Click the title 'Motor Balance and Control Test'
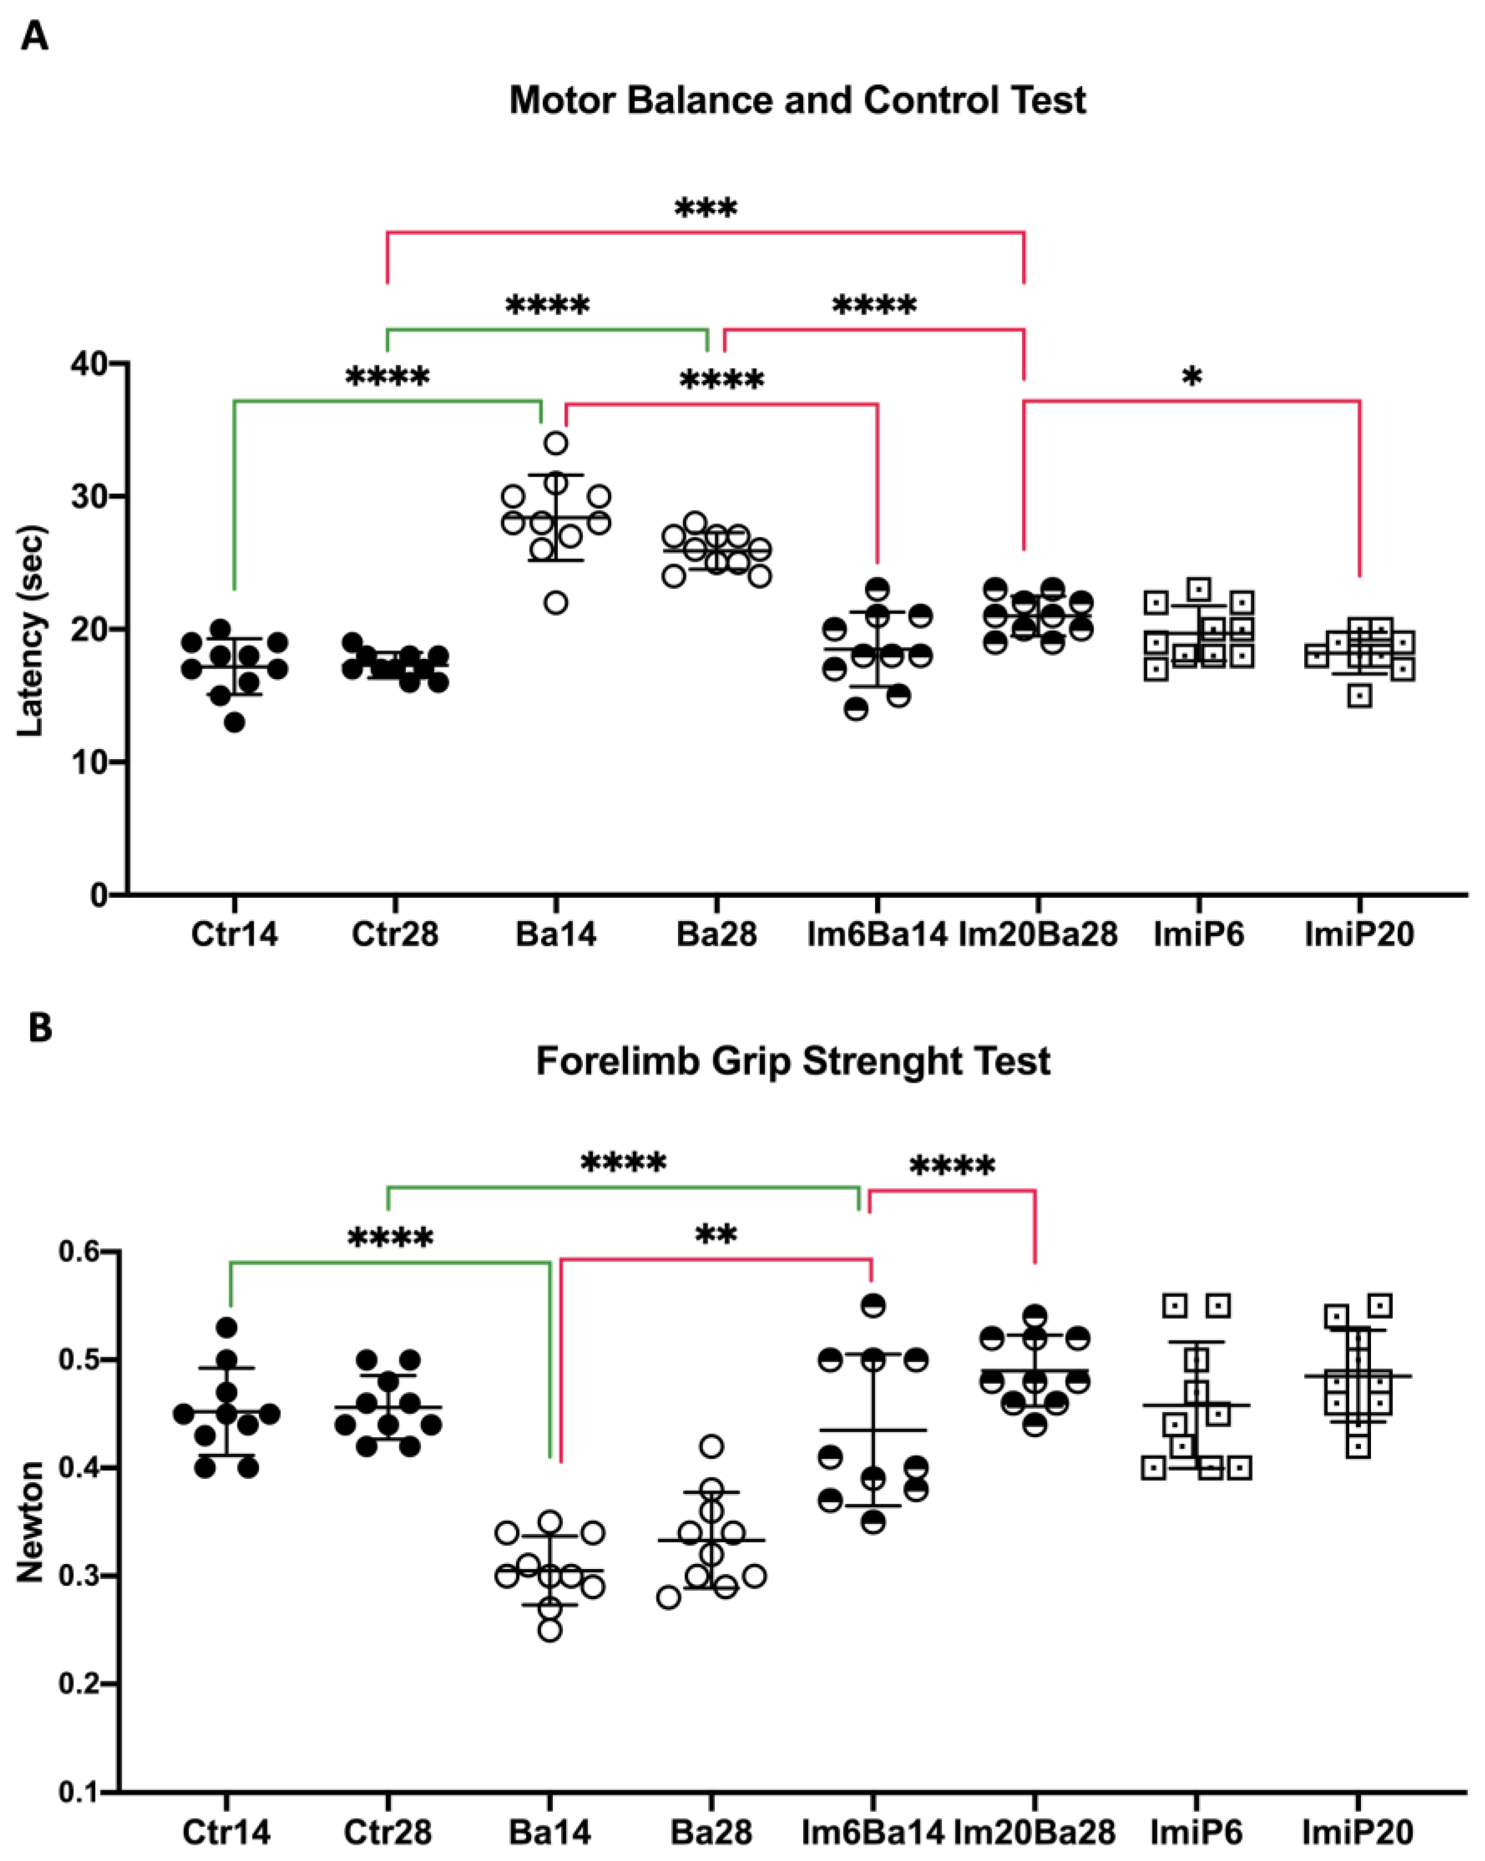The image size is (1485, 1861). pos(797,100)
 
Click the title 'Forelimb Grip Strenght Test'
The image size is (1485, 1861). pos(793,1061)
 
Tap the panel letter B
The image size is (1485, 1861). pos(39,1028)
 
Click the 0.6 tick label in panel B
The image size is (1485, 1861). pos(80,1251)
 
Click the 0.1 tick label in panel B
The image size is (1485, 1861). pos(80,1793)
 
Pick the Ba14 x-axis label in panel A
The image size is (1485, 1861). pos(555,935)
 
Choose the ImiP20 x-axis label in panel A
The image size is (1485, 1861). pos(1359,935)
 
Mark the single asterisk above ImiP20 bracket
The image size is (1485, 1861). pos(1192,377)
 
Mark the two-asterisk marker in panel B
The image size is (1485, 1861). pos(716,1236)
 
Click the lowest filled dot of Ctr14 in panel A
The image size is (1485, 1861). pos(234,722)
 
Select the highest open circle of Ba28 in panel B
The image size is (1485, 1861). pos(711,1446)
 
